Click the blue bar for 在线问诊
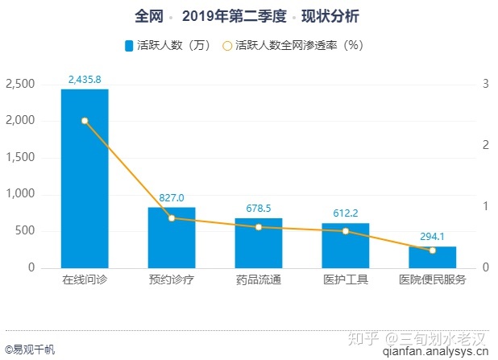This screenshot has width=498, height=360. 85,179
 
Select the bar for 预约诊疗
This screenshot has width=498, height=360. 172,238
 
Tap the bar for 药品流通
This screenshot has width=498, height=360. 259,243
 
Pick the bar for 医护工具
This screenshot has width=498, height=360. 346,246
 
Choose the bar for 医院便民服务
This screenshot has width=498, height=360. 433,257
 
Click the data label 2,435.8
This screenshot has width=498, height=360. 85,80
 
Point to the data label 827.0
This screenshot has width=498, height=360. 172,197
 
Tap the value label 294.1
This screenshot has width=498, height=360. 433,237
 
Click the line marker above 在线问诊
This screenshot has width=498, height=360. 85,121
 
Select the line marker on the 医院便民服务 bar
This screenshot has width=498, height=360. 433,250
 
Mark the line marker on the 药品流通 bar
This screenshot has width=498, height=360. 259,227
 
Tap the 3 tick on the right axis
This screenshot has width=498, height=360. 486,84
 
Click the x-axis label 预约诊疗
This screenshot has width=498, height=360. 172,280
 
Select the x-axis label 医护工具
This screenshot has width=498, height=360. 346,280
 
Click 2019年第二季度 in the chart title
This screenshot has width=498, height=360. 234,16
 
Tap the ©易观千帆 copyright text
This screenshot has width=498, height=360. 30,349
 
